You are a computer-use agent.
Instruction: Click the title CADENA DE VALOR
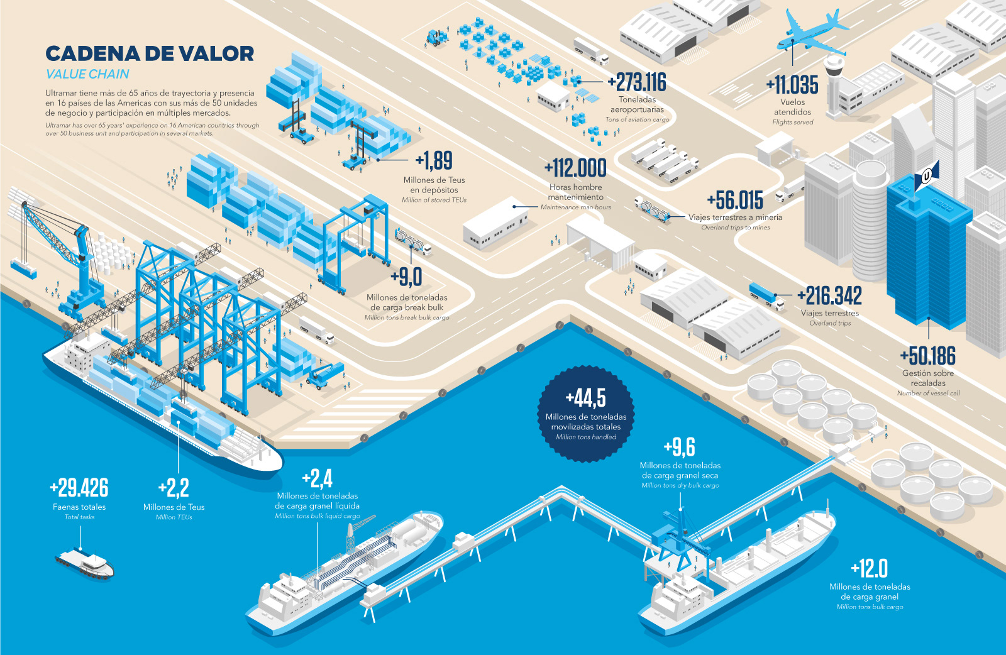tap(150, 54)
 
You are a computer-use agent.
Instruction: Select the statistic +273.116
tap(638, 82)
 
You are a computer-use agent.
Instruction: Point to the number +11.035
tap(793, 85)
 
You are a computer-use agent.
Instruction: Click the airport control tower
tap(834, 84)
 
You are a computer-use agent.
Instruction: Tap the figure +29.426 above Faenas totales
tap(79, 488)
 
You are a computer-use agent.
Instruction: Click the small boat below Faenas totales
tap(85, 562)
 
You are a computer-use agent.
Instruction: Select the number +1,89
tap(434, 161)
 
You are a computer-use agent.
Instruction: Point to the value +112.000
tap(575, 168)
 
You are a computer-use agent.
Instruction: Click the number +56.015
tap(735, 201)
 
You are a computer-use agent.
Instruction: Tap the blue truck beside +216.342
tap(766, 295)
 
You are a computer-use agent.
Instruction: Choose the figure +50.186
tap(928, 356)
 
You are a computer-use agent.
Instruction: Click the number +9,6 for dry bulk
tap(680, 447)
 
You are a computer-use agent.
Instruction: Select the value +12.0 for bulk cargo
tap(870, 569)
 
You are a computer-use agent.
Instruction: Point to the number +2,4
tap(318, 479)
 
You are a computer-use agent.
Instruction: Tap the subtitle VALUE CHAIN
tap(87, 74)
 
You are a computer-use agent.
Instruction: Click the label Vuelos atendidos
tap(793, 107)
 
